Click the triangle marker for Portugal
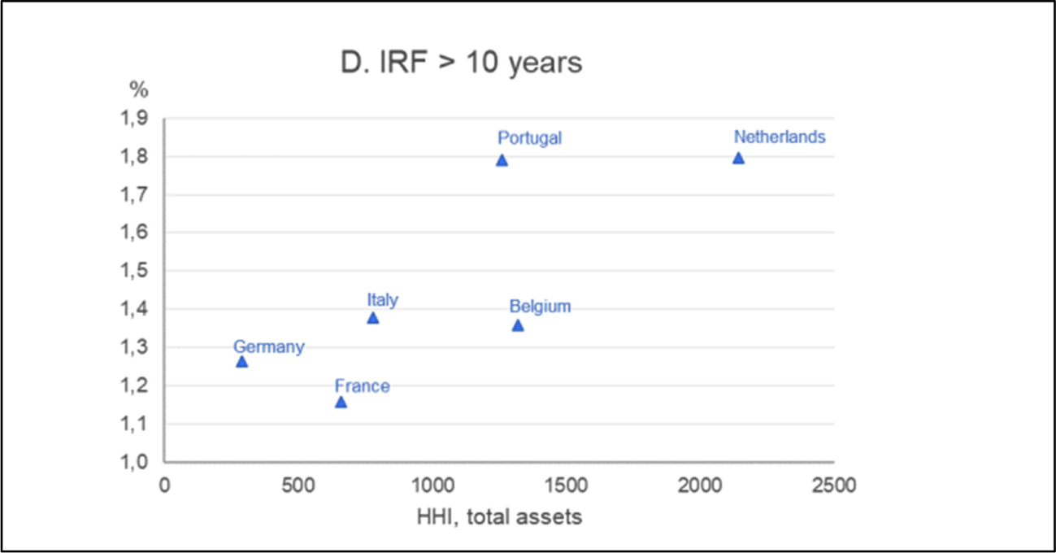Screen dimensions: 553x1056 coord(502,160)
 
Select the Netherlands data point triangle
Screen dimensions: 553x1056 coord(738,158)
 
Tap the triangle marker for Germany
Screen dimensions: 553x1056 coord(241,361)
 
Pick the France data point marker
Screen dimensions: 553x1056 coord(341,402)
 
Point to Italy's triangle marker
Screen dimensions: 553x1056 coord(373,317)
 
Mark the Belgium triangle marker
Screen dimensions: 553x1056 coord(518,325)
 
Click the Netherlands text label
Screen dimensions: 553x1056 coord(780,137)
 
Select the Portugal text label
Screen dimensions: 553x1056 coord(529,137)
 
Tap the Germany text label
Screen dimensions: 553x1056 coord(268,347)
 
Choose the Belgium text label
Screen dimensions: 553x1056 coord(540,307)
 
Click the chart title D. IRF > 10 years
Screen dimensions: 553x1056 coord(461,63)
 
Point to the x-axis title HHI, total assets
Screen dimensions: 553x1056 coord(500,516)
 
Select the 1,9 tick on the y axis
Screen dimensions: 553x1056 coord(136,119)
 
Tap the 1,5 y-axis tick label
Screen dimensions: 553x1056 coord(136,271)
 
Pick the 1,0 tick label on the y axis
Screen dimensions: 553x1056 coord(136,462)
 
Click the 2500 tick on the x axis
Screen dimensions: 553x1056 coord(833,486)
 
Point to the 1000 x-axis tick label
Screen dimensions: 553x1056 coord(432,486)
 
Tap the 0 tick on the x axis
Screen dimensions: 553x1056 coord(164,486)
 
